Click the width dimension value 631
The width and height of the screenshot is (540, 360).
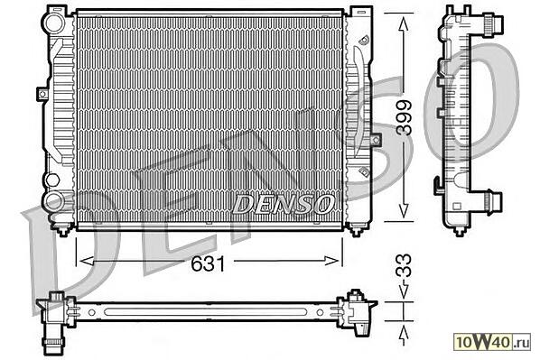click(x=208, y=264)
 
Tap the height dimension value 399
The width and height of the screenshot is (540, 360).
click(x=404, y=117)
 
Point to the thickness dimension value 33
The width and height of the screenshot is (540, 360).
click(x=404, y=265)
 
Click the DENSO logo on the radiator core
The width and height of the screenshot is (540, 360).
click(x=283, y=204)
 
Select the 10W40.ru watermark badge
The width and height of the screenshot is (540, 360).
click(x=492, y=342)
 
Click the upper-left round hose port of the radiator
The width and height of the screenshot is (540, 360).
click(x=53, y=22)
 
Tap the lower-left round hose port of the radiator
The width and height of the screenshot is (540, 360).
click(x=53, y=202)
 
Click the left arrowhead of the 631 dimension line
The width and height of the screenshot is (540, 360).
click(x=87, y=261)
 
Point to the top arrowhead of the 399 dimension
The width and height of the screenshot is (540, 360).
click(x=404, y=25)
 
